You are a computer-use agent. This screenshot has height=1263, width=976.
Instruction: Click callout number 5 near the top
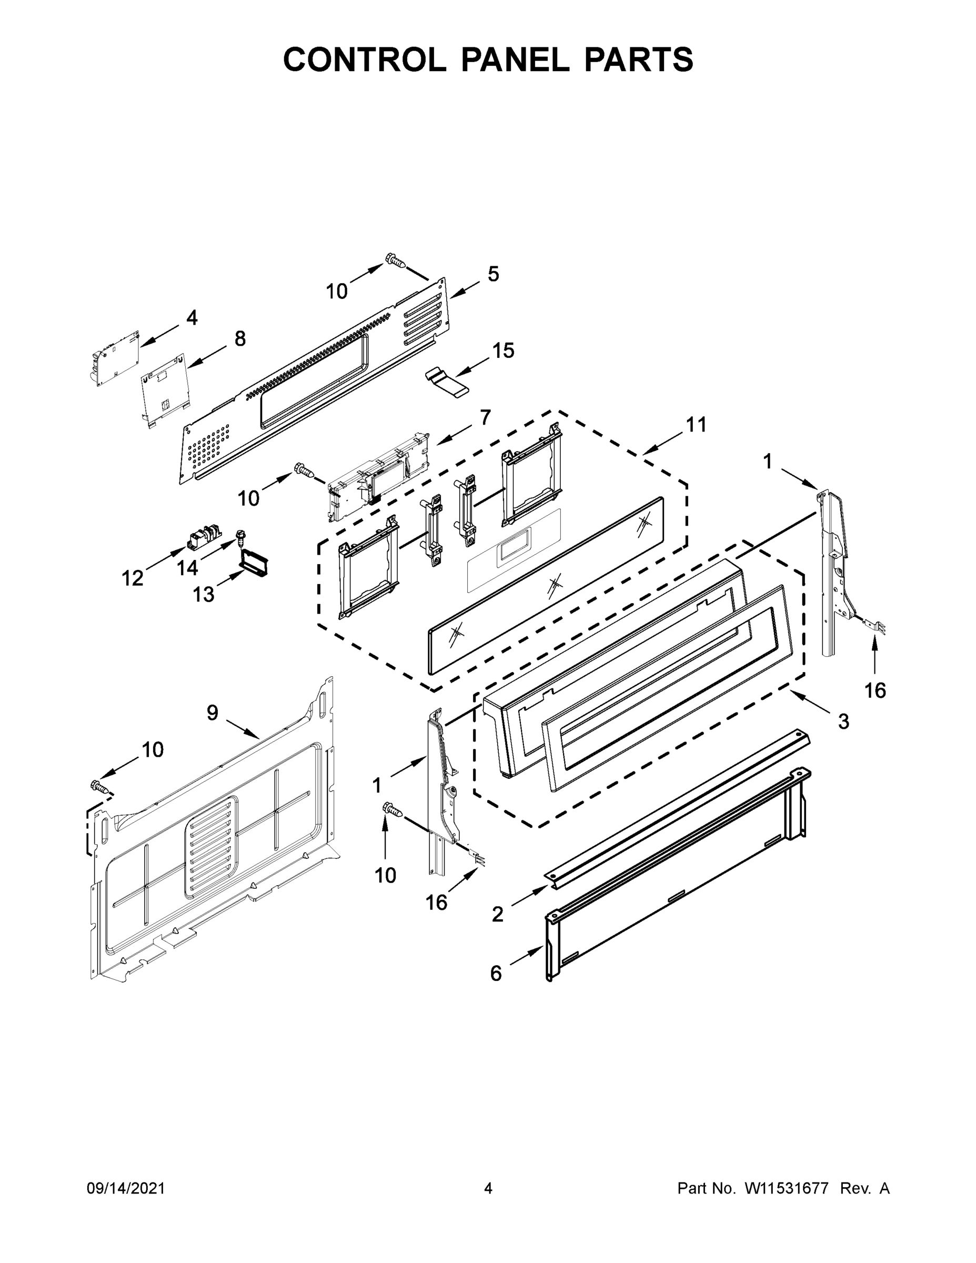492,274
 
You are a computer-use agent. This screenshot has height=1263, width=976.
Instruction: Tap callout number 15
502,350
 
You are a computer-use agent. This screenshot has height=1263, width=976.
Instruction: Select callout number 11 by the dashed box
696,425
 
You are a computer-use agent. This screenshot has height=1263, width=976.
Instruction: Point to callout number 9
213,713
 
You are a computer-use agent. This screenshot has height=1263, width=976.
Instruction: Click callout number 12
133,577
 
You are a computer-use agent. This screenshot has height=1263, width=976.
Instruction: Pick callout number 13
203,594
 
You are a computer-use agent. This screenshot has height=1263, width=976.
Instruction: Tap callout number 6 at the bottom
496,973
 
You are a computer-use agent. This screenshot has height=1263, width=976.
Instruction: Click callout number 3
843,721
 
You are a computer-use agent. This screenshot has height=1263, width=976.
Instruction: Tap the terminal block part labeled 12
204,535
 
